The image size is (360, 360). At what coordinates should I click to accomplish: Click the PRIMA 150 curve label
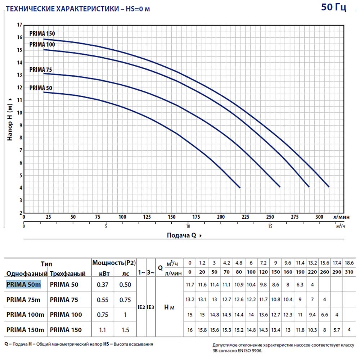point(42,34)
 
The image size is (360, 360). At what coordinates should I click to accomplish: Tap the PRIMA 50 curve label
point(41,87)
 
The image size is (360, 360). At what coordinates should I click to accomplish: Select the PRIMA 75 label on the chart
point(41,69)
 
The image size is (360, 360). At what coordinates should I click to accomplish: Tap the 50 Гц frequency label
point(333,8)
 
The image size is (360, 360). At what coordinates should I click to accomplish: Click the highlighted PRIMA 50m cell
point(24,284)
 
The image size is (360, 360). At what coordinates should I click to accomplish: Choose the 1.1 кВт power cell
point(103,329)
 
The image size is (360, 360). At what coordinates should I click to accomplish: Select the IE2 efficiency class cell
point(141,308)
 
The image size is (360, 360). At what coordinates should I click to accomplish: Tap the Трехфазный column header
point(68,274)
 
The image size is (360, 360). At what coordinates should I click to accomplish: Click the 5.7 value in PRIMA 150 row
point(337,329)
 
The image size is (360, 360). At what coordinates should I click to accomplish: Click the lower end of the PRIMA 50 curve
point(240,187)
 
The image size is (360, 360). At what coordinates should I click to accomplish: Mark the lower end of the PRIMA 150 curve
point(329,186)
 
